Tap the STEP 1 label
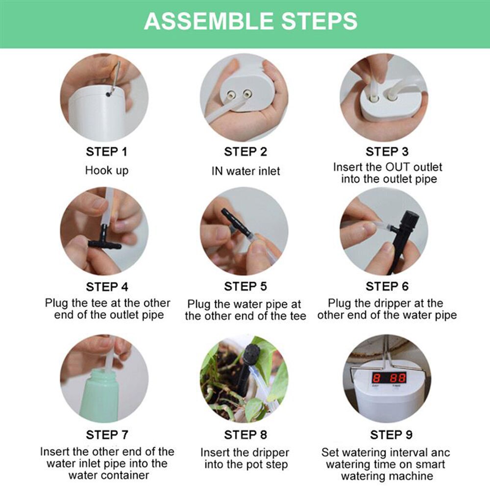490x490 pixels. pos(106,152)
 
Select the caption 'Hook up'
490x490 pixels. pos(106,170)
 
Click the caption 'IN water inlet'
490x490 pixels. pos(245,171)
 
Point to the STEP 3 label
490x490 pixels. pos(387,152)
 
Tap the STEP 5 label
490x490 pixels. pos(245,286)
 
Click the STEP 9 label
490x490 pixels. pos(391,435)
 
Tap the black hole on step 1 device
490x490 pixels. pos(108,93)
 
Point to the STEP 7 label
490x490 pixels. pos(106,435)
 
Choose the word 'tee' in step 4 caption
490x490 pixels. pos(104,303)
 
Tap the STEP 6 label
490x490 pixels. pos(387,286)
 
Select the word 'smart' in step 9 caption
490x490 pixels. pos(429,464)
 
